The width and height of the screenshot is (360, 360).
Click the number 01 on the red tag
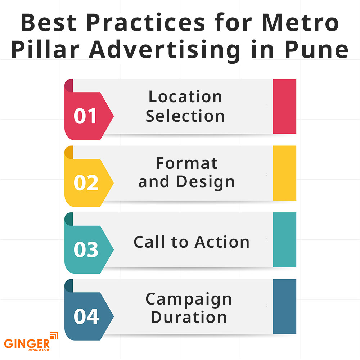[x=85, y=116]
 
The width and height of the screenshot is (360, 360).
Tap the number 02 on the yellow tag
[x=86, y=183]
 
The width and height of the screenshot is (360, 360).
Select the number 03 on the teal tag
[x=86, y=249]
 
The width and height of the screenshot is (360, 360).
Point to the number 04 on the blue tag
[x=86, y=316]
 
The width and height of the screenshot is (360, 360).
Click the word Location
[x=185, y=96]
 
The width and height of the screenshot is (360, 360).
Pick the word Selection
[x=185, y=116]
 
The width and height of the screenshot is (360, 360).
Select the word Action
[x=222, y=242]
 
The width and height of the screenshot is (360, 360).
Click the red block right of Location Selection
[x=284, y=106]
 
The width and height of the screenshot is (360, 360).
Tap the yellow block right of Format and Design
[x=284, y=173]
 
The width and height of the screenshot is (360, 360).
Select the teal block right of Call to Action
[x=284, y=240]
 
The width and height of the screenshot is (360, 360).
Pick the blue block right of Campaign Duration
[x=284, y=307]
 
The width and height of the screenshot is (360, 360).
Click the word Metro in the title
[x=300, y=22]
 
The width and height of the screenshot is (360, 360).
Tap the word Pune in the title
[x=316, y=49]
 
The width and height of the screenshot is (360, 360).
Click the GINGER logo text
[x=27, y=344]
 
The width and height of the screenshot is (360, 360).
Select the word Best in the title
[x=49, y=22]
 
